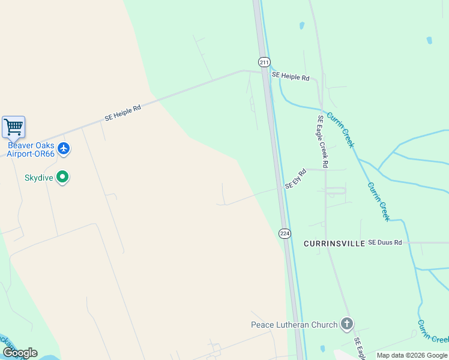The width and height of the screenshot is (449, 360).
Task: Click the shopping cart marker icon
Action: [x=13, y=127]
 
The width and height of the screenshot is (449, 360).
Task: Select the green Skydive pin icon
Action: [x=62, y=177]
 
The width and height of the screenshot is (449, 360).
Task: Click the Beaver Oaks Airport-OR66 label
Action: [x=31, y=149]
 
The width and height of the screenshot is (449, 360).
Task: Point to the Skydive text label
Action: [x=38, y=178]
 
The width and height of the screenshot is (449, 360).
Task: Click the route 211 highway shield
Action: [x=265, y=62]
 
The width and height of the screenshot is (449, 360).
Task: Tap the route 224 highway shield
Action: [x=285, y=233]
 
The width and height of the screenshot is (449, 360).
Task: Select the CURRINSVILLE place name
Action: [x=334, y=243]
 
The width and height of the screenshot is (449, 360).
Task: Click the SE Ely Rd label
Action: [x=296, y=179]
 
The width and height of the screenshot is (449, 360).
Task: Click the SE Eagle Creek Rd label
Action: [x=323, y=141]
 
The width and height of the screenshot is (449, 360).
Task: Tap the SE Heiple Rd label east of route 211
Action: [x=290, y=77]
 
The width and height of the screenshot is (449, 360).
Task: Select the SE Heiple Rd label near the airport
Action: [x=122, y=113]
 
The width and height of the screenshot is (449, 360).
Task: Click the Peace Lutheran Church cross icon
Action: [x=346, y=325]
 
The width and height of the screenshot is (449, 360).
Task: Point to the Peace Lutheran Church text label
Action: [x=294, y=325]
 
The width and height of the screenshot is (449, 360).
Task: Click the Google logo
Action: [x=20, y=353]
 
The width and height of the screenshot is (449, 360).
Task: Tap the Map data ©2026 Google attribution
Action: [x=412, y=355]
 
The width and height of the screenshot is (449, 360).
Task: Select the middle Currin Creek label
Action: [x=378, y=201]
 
